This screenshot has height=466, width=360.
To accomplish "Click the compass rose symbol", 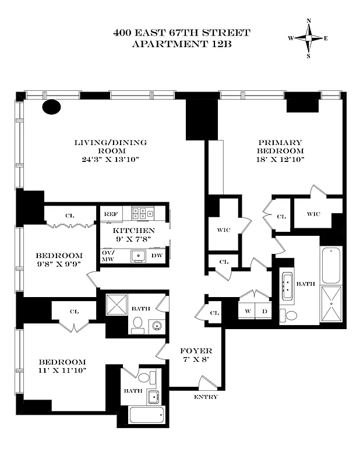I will [308, 38].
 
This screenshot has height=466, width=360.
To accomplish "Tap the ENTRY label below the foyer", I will [206, 397].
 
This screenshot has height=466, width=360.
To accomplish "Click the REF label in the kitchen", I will [111, 214].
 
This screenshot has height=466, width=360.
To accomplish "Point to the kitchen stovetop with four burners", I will [142, 214].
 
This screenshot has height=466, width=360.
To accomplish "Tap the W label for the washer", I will [247, 311].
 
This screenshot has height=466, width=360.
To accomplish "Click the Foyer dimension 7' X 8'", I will [196, 359].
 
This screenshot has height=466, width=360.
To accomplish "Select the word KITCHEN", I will [134, 231].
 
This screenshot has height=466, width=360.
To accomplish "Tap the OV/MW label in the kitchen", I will [108, 255].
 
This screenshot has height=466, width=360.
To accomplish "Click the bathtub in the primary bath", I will [331, 265].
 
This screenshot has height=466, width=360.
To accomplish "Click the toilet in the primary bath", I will [288, 315].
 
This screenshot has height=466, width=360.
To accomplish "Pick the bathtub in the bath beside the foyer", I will [147, 415].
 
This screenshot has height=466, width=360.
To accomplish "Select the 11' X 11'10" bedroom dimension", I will [62, 370].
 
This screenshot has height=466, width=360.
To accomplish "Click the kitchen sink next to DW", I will [138, 255].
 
